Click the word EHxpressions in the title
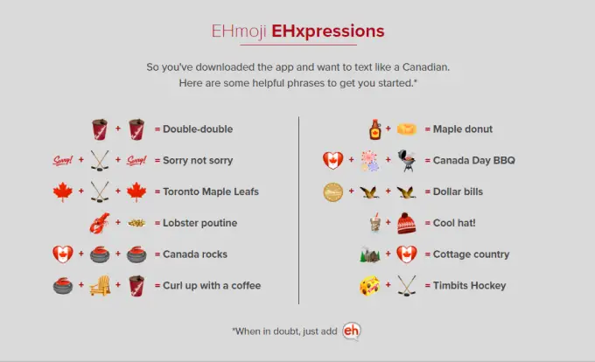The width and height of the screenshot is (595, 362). pyautogui.click(x=327, y=31)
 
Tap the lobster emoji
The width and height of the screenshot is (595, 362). pyautogui.click(x=99, y=223)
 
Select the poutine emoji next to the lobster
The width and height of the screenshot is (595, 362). pyautogui.click(x=136, y=223)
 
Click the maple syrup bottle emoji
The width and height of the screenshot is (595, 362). pyautogui.click(x=374, y=129)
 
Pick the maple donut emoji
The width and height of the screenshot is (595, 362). pyautogui.click(x=405, y=129)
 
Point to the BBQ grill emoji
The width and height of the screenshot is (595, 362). pyautogui.click(x=406, y=161)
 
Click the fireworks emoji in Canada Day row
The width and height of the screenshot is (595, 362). pyautogui.click(x=369, y=161)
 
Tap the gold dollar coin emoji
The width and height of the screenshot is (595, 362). pyautogui.click(x=332, y=191)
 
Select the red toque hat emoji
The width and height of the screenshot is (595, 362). pyautogui.click(x=405, y=223)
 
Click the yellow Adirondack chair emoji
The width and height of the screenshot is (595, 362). pyautogui.click(x=100, y=285)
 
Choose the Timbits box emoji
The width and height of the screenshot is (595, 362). pyautogui.click(x=369, y=285)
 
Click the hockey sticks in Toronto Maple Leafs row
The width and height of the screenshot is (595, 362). pyautogui.click(x=99, y=191)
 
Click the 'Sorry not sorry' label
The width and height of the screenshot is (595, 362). pyautogui.click(x=198, y=161)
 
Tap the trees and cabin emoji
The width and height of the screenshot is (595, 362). pyautogui.click(x=369, y=254)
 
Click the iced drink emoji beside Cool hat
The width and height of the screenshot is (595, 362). pyautogui.click(x=374, y=223)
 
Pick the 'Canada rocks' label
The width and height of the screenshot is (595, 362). pyautogui.click(x=196, y=254)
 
